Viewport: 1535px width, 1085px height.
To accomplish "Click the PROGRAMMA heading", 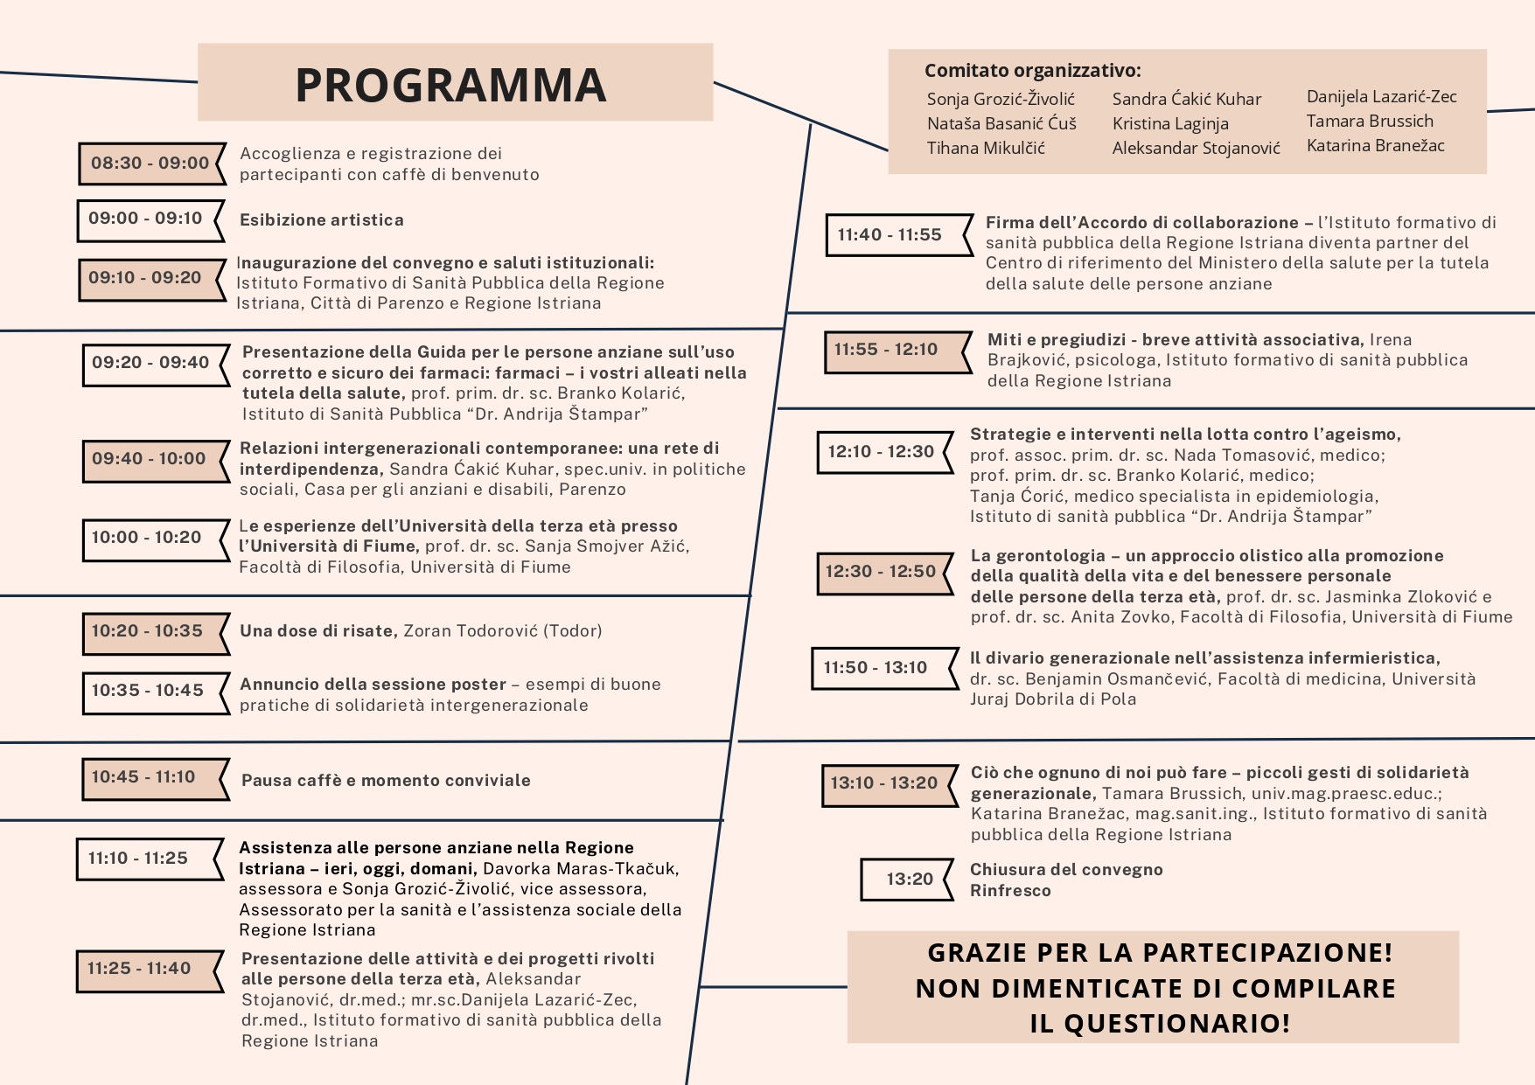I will coord(450,85).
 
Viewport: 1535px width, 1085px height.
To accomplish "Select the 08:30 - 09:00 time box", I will coord(150,163).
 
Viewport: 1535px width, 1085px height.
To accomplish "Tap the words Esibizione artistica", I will coord(322,220).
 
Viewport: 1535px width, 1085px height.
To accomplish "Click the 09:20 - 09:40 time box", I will coord(150,363).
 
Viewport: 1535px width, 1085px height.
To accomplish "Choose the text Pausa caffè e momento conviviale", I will coord(386,781).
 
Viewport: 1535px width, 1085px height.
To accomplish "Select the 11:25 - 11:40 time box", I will coord(139,969).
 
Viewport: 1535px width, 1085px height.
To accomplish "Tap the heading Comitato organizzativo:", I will coord(1032,71).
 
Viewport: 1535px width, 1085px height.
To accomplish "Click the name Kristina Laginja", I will coord(1170,124).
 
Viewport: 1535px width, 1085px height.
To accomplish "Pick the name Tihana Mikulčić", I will coord(986,149).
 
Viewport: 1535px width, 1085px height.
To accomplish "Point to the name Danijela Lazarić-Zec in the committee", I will coord(1381,97).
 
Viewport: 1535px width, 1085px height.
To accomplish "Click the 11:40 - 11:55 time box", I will coord(890,235).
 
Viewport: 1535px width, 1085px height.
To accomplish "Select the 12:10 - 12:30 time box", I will coord(881,452).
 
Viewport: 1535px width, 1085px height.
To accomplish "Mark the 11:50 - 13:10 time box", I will coord(876,668).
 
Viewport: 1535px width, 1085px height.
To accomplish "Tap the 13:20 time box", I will coord(910,880).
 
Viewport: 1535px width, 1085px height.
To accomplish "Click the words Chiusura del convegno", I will coord(1066,870).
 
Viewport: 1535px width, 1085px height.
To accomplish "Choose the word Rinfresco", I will coord(1010,891).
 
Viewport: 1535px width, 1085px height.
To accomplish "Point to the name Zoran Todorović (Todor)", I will coord(502,631).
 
